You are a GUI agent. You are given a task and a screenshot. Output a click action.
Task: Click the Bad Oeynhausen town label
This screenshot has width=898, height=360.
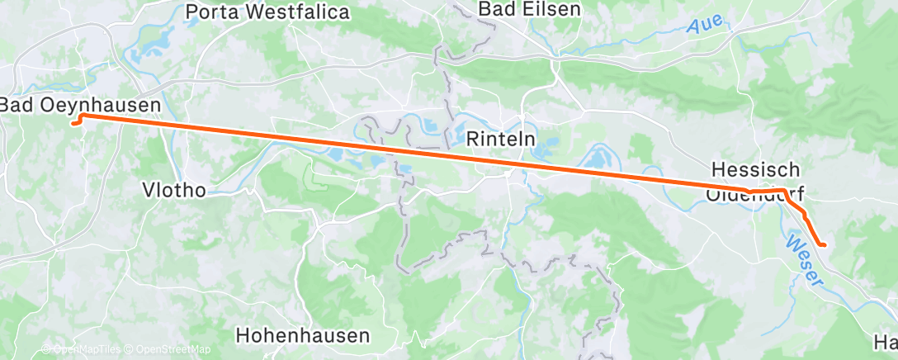(79, 106)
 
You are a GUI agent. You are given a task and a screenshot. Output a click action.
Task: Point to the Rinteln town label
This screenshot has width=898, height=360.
(502, 138)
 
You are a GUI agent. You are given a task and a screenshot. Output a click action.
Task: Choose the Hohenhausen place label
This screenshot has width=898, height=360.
(303, 335)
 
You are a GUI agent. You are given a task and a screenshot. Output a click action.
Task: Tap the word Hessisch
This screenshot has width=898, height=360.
(754, 169)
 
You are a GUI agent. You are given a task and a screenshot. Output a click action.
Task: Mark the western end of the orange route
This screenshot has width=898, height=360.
(73, 124)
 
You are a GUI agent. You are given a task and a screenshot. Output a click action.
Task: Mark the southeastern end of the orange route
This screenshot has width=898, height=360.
(823, 244)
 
